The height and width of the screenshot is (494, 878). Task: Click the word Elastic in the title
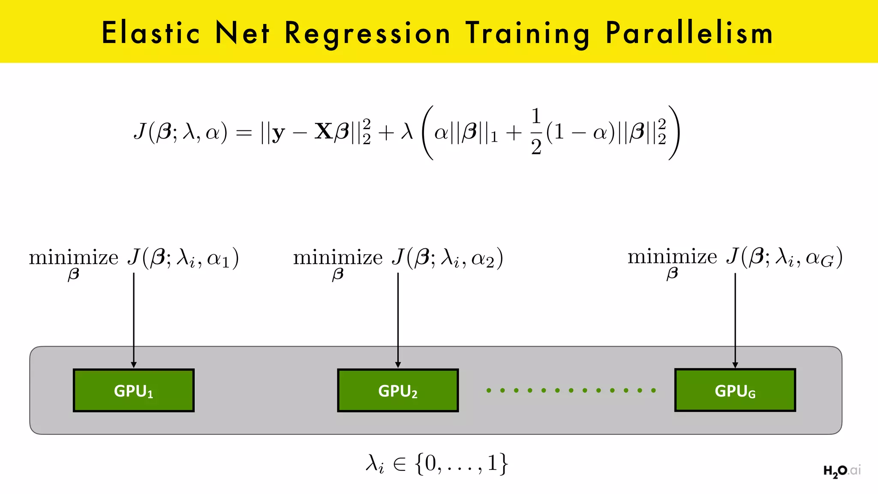tap(150, 33)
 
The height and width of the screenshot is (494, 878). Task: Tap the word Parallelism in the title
tap(689, 33)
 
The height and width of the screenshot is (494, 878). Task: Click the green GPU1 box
tap(134, 391)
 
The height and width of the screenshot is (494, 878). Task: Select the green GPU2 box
tap(398, 391)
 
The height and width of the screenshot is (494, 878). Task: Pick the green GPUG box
tap(735, 391)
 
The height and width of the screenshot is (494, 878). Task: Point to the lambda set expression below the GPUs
tap(437, 464)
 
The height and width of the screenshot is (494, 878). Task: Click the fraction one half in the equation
tap(536, 132)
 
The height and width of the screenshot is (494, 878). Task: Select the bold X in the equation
tap(324, 131)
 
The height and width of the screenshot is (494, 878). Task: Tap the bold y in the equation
tap(278, 133)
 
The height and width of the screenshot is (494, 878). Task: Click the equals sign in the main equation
tap(244, 133)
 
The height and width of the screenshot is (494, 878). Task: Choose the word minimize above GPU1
tap(73, 258)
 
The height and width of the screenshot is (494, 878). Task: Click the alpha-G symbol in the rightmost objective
tap(820, 259)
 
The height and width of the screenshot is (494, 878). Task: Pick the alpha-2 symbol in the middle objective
tap(483, 259)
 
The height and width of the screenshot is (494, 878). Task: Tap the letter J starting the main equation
tap(140, 131)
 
